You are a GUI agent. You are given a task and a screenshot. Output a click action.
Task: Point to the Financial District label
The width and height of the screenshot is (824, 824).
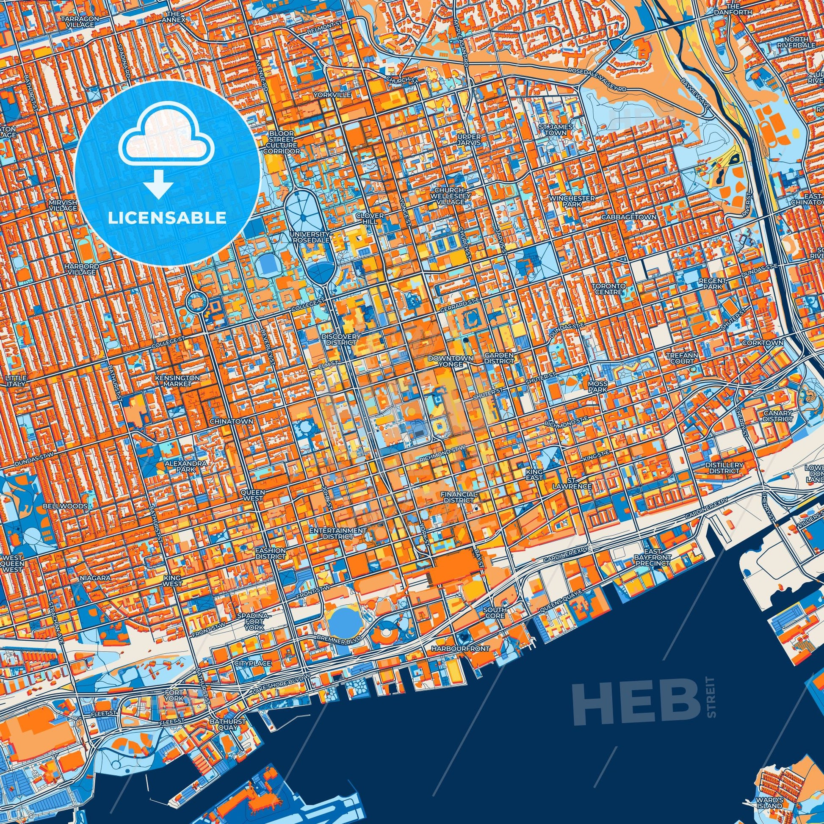coord(459,497)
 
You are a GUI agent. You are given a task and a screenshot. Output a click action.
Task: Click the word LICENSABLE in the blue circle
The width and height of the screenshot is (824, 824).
coord(167,218)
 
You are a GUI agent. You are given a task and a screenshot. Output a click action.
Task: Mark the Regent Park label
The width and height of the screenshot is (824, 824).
coord(712,284)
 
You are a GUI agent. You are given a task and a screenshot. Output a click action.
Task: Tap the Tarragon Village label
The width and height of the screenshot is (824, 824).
coord(80,22)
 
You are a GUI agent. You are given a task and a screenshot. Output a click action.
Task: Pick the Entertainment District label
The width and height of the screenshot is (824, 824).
coord(338,533)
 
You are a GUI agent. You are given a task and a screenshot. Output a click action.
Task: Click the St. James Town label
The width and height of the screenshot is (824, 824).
coord(555,130)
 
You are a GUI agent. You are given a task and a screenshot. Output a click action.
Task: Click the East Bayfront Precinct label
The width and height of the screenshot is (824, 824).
coord(653,557)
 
